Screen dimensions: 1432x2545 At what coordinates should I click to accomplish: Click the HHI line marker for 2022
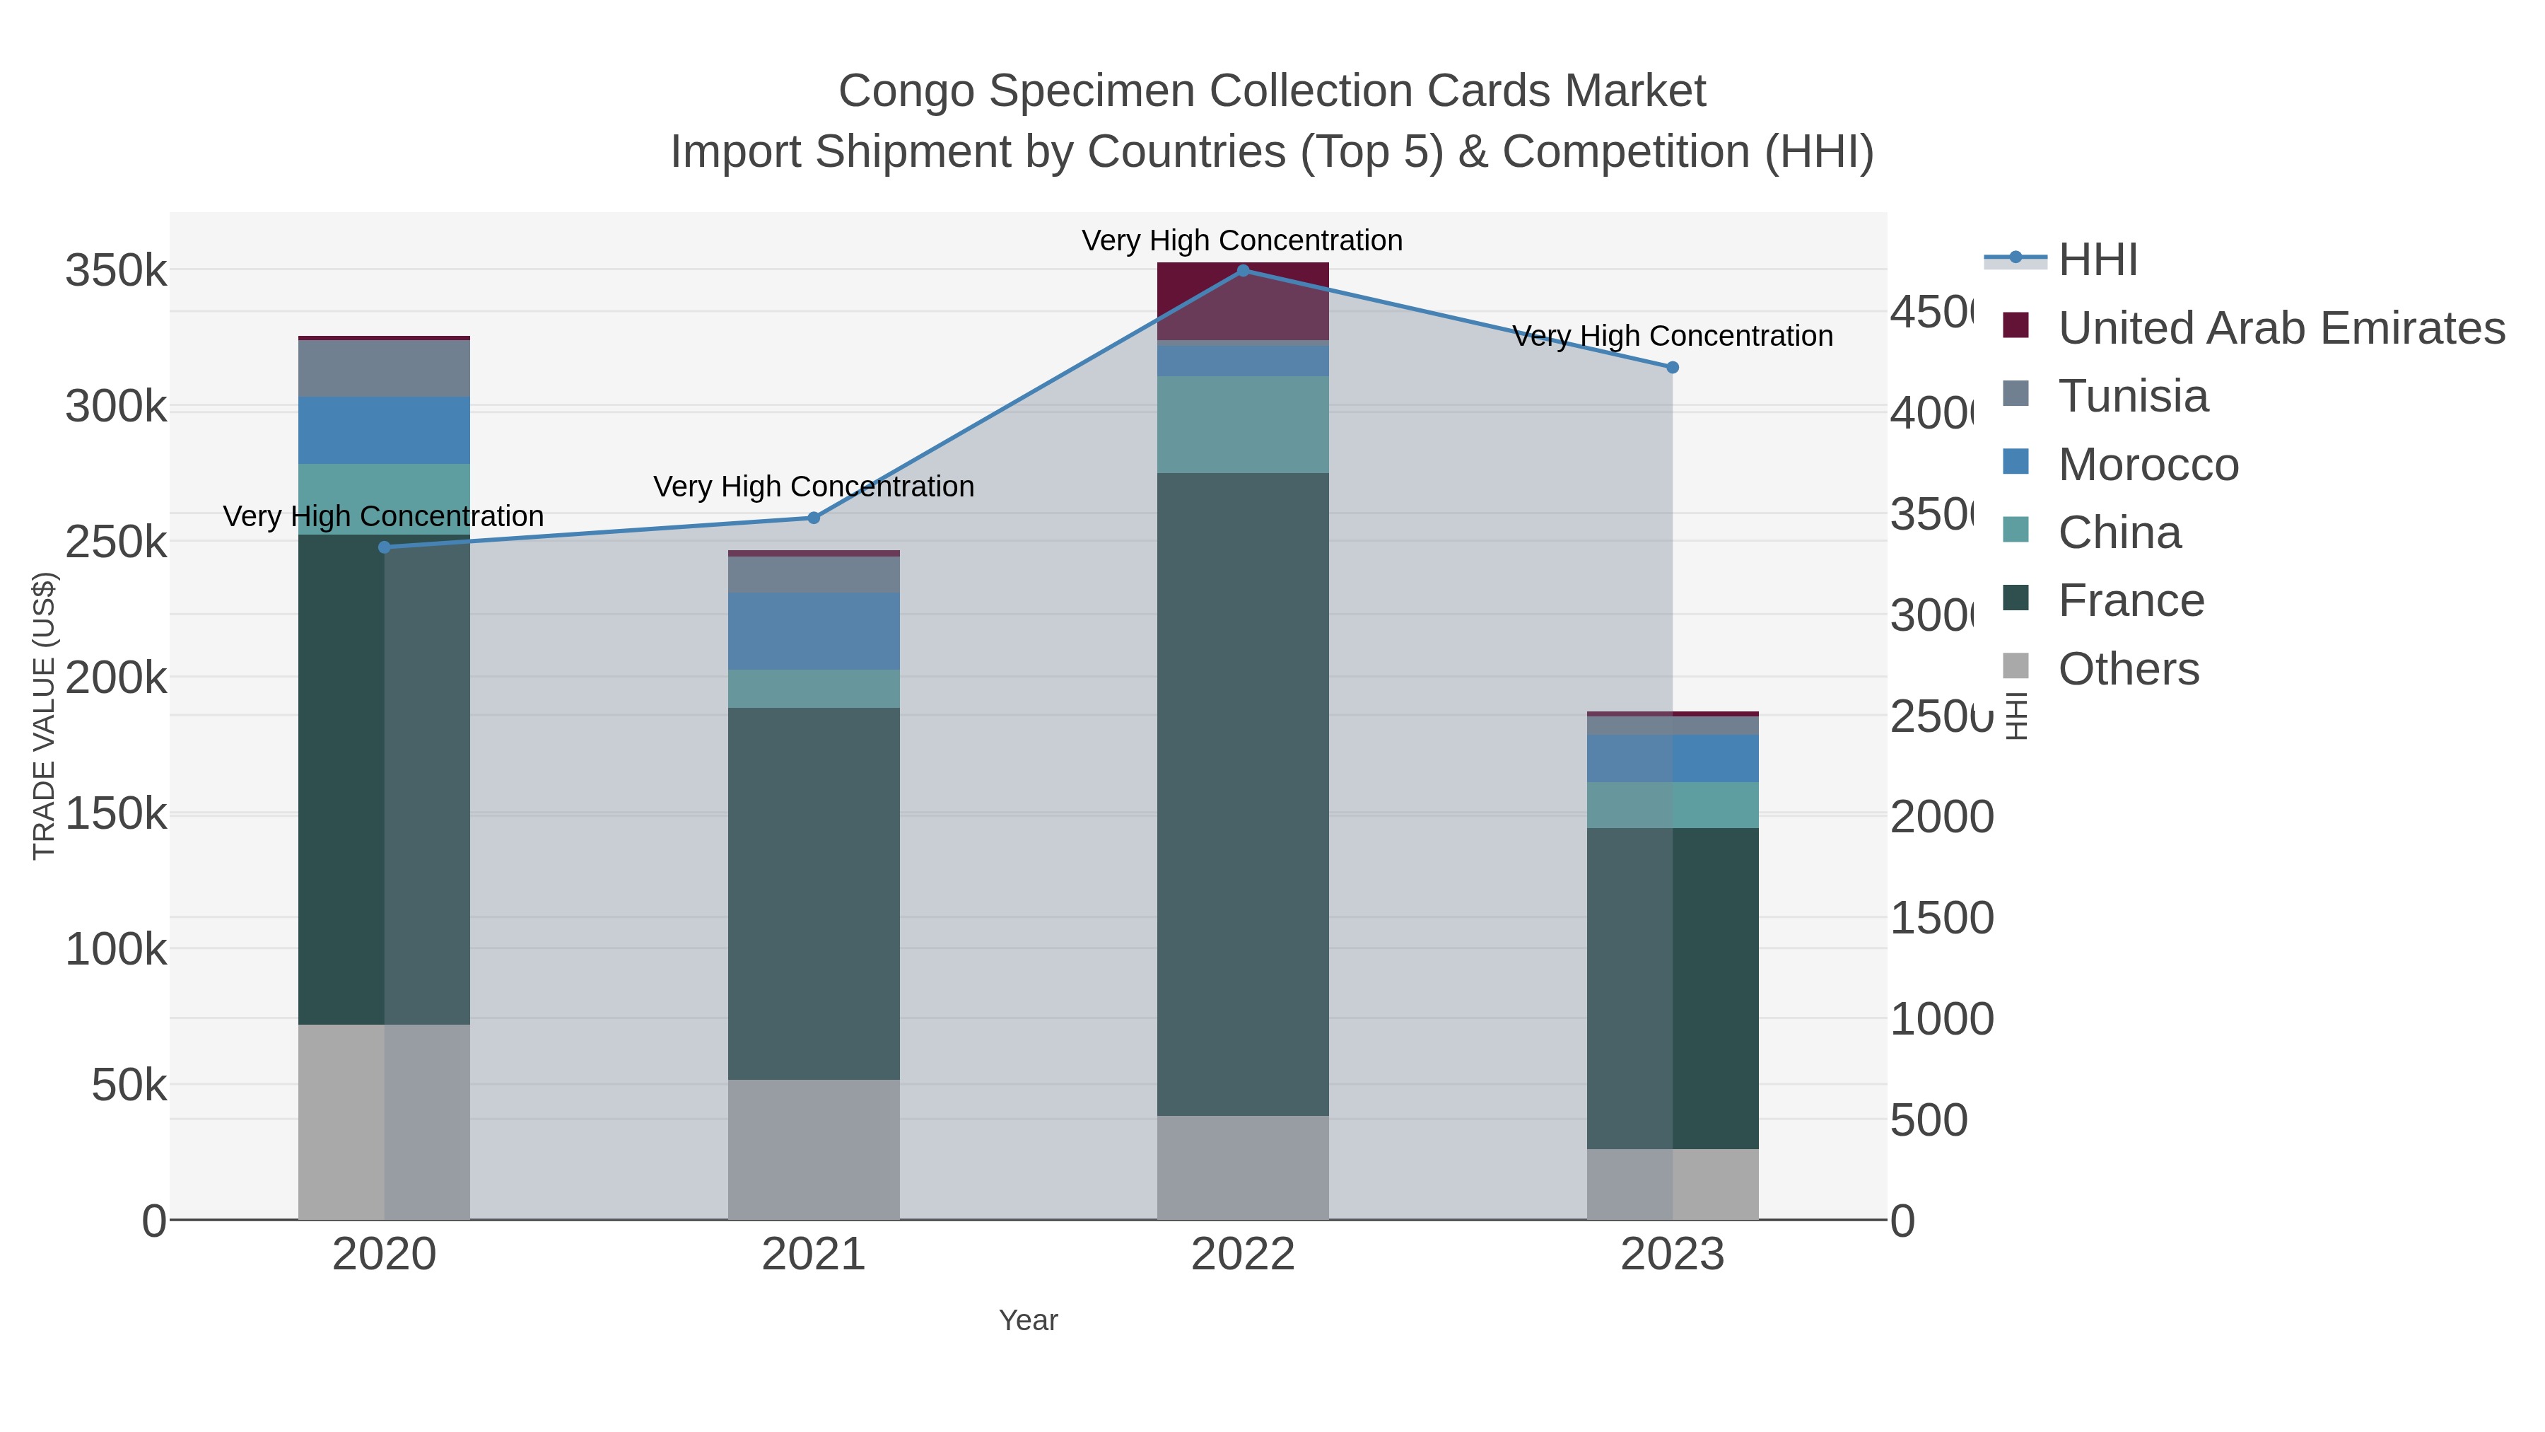pyautogui.click(x=1243, y=270)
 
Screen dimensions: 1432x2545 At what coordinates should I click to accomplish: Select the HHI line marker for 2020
pyautogui.click(x=385, y=547)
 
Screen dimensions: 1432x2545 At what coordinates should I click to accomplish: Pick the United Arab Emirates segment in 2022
pyautogui.click(x=1243, y=301)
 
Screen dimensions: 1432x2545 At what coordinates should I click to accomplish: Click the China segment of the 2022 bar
pyautogui.click(x=1243, y=424)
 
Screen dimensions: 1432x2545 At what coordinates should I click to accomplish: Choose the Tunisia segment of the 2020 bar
pyautogui.click(x=385, y=368)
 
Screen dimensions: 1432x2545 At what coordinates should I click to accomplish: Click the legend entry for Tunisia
pyautogui.click(x=2132, y=396)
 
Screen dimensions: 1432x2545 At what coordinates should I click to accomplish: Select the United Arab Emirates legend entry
pyautogui.click(x=2280, y=328)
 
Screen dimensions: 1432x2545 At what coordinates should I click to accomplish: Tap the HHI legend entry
pyautogui.click(x=2097, y=260)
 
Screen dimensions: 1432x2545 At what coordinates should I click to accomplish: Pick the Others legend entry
pyautogui.click(x=2127, y=669)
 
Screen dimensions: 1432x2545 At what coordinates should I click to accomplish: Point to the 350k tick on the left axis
pyautogui.click(x=116, y=271)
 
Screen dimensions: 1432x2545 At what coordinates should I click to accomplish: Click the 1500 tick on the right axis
pyautogui.click(x=1941, y=918)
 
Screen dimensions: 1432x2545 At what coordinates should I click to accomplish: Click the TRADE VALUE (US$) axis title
pyautogui.click(x=45, y=716)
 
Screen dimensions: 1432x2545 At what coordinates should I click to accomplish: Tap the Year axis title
pyautogui.click(x=1027, y=1320)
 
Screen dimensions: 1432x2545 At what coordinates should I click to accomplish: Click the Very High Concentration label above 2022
pyautogui.click(x=1242, y=240)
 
